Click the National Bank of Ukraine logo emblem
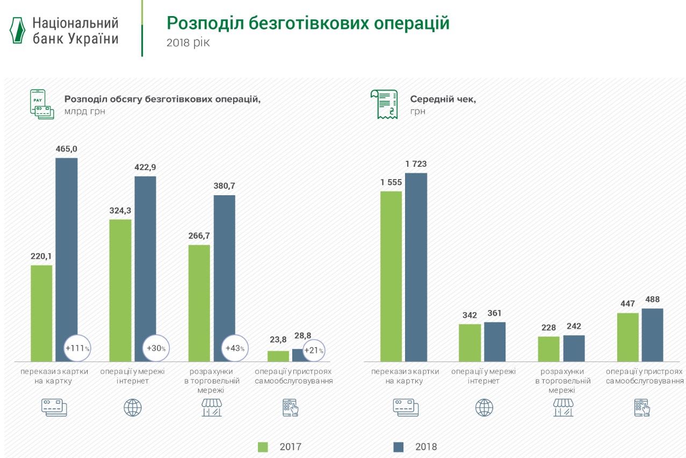click(18, 30)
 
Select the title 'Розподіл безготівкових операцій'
click(308, 24)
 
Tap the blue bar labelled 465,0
click(67, 252)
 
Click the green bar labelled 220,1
click(41, 313)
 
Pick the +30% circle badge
click(156, 348)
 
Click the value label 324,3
click(120, 211)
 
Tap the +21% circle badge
click(314, 351)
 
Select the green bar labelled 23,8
click(278, 356)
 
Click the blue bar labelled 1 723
click(416, 267)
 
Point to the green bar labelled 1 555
click(391, 276)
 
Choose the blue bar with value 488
click(652, 335)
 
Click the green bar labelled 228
click(548, 349)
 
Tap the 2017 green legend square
click(263, 447)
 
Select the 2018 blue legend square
click(399, 447)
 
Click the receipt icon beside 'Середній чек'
click(384, 104)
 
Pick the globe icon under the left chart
click(133, 408)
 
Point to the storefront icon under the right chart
click(563, 408)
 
